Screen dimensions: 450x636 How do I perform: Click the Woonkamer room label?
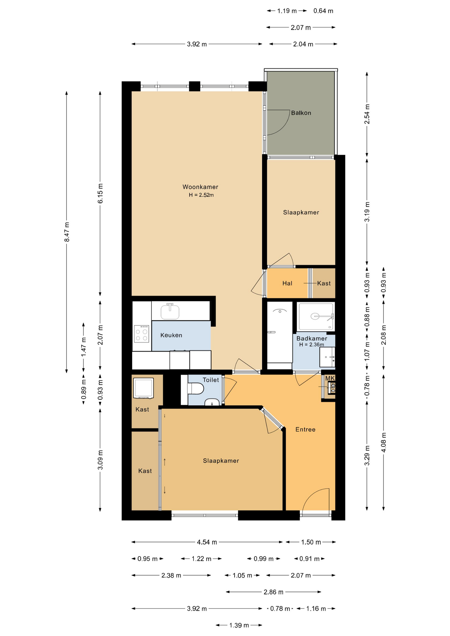pos(200,187)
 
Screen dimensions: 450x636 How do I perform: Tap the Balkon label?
pos(301,113)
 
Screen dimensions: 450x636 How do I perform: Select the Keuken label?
pos(171,335)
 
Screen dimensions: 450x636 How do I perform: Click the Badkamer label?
pos(311,338)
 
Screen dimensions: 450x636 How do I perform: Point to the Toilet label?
pos(211,380)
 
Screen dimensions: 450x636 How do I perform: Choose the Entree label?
pos(305,429)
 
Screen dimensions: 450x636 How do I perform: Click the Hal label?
pos(287,283)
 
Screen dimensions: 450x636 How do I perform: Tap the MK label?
pos(330,378)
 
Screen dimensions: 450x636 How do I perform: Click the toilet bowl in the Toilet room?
pos(195,389)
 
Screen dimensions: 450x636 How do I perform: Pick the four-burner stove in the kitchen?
pos(141,334)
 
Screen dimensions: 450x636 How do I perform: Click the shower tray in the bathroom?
pos(316,316)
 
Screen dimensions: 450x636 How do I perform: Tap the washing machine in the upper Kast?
pos(143,388)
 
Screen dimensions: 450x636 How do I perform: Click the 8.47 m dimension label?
pos(67,232)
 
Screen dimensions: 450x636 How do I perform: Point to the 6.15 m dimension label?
pos(100,193)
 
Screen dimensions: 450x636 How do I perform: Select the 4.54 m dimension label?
pos(207,542)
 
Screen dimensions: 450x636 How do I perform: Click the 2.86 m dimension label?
pos(273,592)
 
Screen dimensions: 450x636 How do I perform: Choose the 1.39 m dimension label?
pos(239,625)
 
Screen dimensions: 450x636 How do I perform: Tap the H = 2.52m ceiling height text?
pos(201,195)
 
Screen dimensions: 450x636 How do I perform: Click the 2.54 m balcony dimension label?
pos(367,114)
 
